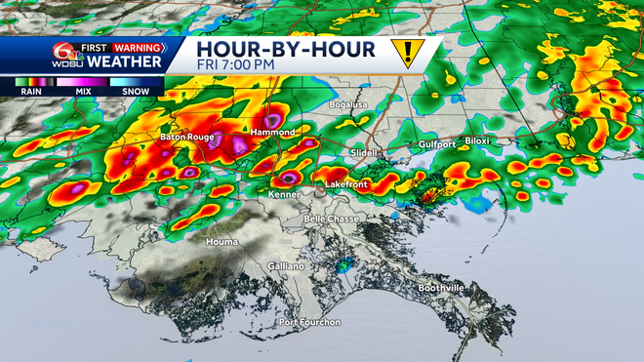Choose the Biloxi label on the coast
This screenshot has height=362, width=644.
click(x=476, y=141)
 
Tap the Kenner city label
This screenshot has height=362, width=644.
click(x=283, y=193)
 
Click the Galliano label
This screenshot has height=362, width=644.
click(x=286, y=266)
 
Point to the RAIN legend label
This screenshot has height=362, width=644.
click(x=28, y=91)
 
